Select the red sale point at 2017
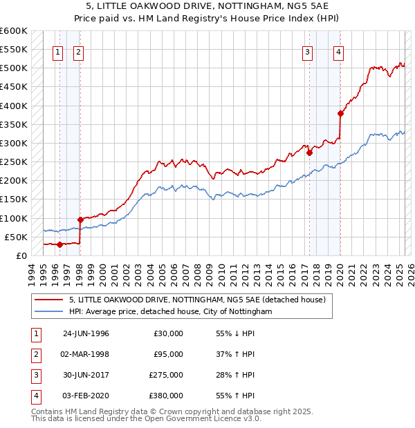pos(309,153)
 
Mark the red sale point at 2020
pos(340,114)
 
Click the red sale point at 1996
pos(59,244)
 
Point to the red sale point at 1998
pos(80,220)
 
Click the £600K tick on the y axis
pos(14,31)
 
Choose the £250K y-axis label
pos(14,162)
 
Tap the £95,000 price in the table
pos(168,354)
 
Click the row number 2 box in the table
pos(34,354)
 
